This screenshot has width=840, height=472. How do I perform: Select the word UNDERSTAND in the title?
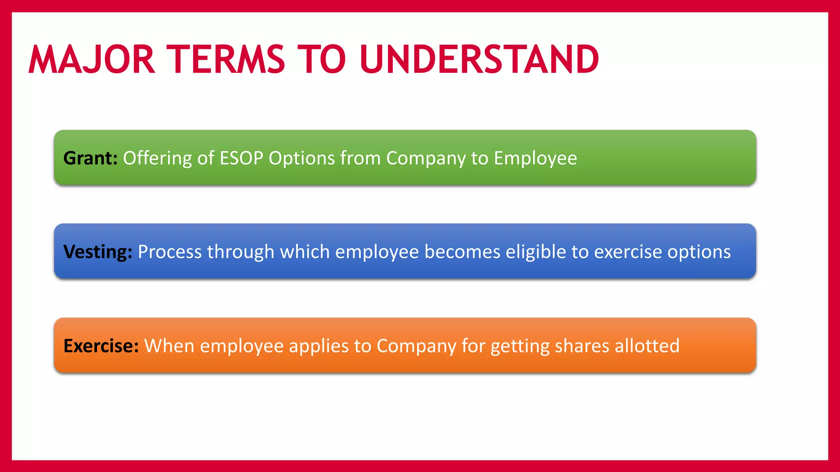coord(479,60)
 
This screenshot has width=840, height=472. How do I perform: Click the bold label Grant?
coord(90,159)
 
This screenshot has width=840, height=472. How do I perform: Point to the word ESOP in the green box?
coord(241,158)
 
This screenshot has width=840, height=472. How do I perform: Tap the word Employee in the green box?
coord(535,159)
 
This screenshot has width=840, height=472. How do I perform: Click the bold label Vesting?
coord(98,252)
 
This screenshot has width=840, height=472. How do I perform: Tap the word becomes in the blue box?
coord(462,252)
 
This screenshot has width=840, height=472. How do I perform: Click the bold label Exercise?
coord(101,346)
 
